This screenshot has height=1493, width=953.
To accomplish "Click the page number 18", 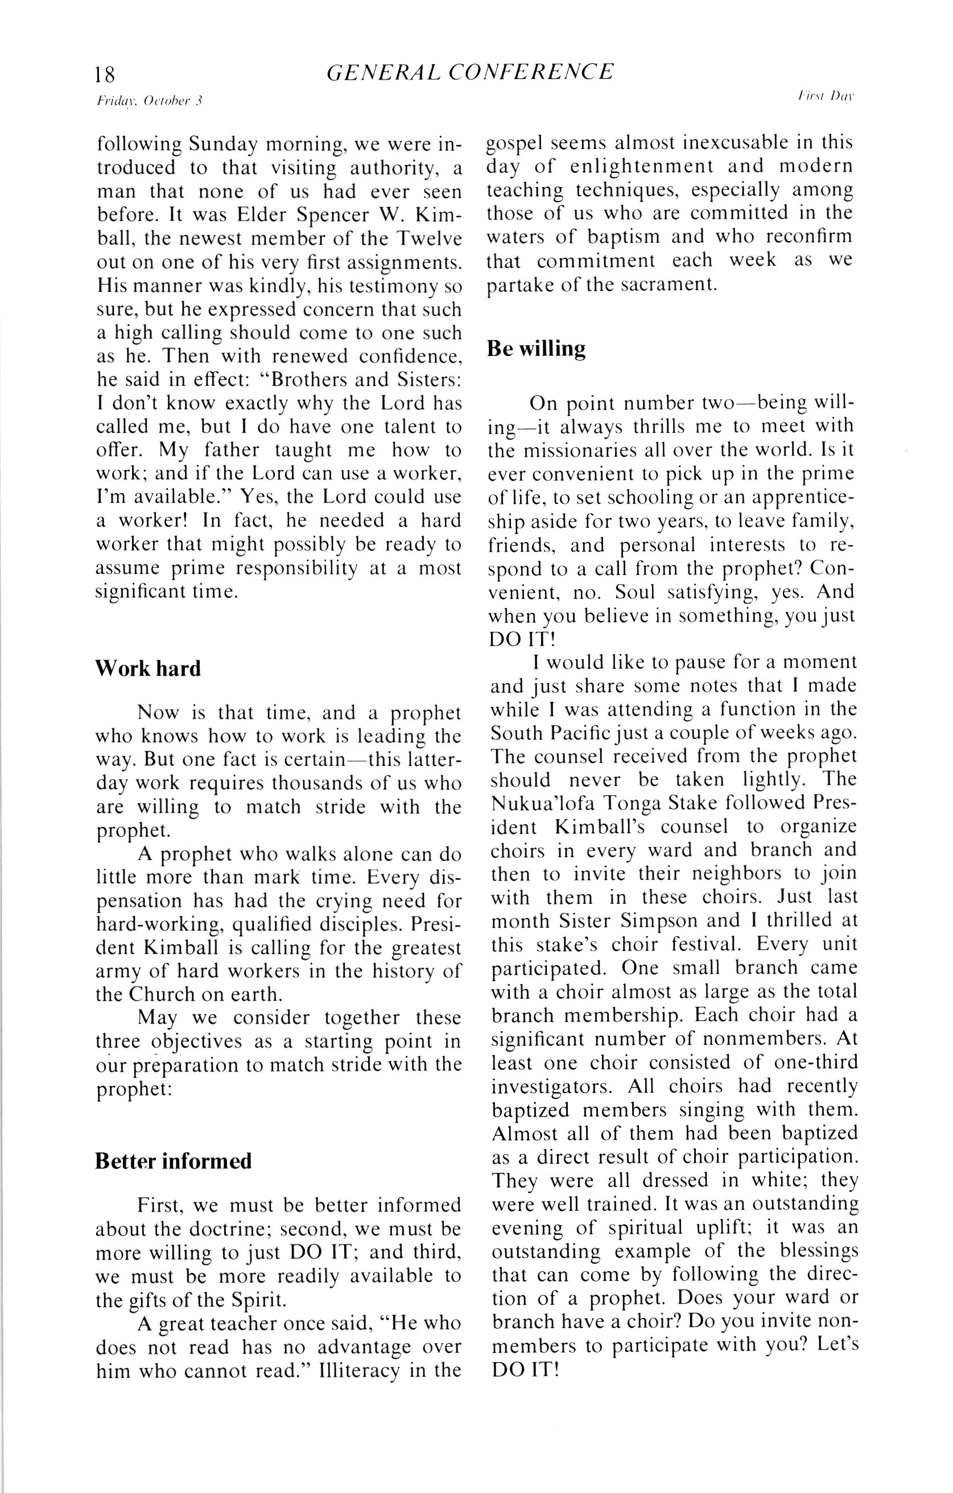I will (x=105, y=75).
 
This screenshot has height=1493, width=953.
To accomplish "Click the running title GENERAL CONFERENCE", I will (x=470, y=73).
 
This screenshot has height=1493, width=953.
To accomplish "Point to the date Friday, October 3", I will (x=150, y=101).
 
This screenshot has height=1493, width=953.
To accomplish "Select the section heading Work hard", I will (x=148, y=669).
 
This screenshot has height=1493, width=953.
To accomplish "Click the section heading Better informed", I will (x=174, y=1161).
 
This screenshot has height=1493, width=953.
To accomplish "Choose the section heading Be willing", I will (x=536, y=349).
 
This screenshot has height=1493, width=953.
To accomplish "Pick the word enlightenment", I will (x=642, y=167).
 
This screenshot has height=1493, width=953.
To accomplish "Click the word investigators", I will (x=550, y=1087).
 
